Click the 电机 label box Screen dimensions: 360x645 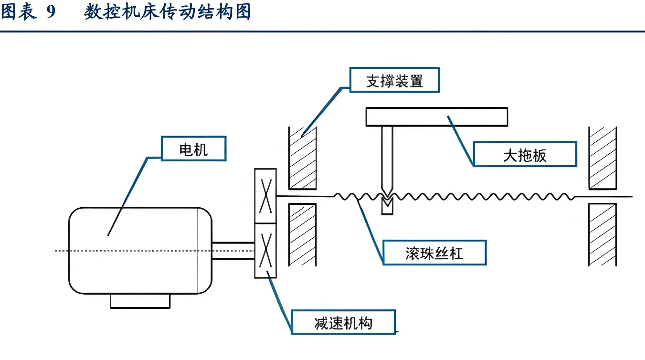pos(193,150)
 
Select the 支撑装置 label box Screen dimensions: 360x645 pos(394,81)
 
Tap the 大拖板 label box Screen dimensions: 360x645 pos(525,155)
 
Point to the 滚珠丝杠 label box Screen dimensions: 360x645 pos(434,253)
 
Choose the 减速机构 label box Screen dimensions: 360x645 pos(343,323)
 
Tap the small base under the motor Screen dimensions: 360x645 pos(140,301)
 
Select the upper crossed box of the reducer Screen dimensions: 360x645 pos(265,196)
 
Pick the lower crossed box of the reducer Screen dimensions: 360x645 pos(265,250)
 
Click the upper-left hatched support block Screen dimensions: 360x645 pos(302,158)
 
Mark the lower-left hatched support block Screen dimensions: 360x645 pos(302,234)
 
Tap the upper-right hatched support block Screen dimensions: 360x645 pos(603,158)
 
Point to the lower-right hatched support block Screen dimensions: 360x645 pos(603,234)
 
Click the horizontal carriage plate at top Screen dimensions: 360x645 pos(436,117)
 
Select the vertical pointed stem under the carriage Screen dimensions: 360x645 pos(387,158)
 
